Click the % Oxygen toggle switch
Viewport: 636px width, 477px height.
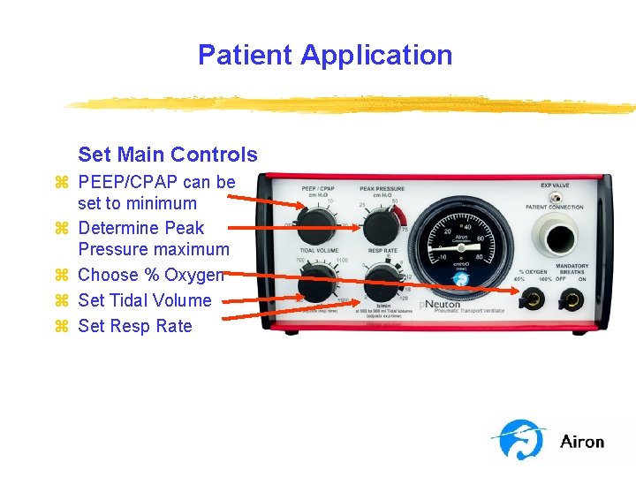534,300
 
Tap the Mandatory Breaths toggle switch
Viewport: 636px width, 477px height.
572,300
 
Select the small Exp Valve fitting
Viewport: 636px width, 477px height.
556,197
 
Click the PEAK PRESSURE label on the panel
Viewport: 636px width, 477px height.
382,189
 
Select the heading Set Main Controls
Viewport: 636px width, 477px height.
168,155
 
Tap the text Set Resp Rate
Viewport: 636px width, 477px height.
134,326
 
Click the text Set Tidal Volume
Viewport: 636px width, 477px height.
145,300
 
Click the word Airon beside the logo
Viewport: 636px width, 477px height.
582,442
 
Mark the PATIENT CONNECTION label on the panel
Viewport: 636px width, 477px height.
554,208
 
